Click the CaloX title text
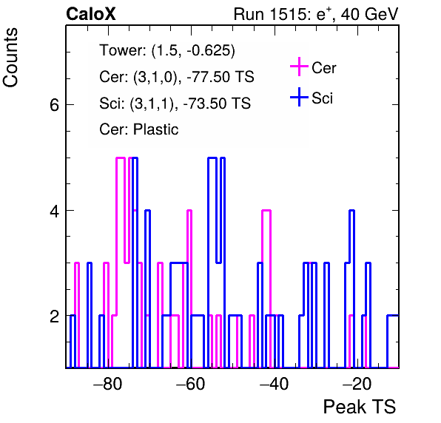91,14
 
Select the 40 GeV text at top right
369,14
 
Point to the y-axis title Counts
10,58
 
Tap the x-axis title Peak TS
360,407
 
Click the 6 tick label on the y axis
55,105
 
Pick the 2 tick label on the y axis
55,317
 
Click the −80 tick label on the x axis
108,383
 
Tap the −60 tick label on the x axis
191,383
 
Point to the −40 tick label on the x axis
275,383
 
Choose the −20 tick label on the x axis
357,383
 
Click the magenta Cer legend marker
299,67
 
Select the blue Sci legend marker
299,97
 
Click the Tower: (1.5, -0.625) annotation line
167,50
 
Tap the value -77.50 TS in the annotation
220,77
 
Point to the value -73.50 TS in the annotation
217,103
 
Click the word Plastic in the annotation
155,129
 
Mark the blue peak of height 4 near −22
351,210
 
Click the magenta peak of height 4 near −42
266,210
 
